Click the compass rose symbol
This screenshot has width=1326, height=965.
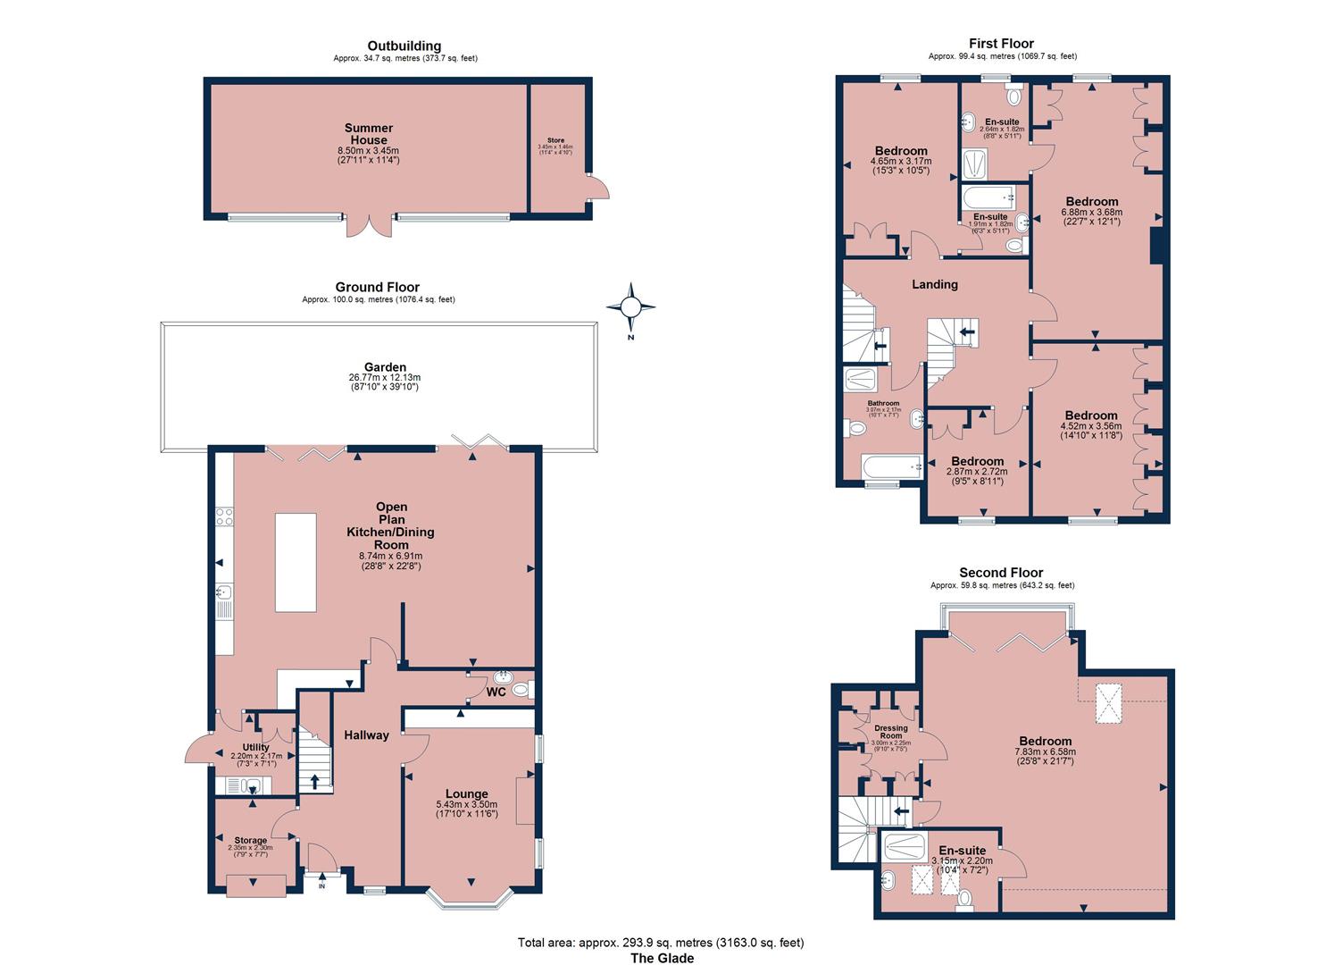(x=630, y=306)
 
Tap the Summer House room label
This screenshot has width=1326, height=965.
(x=369, y=134)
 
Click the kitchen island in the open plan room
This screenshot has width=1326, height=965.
(x=296, y=562)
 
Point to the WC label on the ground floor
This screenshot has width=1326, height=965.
(x=496, y=692)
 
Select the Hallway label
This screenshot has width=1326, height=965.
(x=366, y=735)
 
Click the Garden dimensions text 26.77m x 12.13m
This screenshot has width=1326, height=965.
(x=385, y=377)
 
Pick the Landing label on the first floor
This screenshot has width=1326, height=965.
(x=934, y=284)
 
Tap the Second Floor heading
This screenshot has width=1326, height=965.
(x=1001, y=573)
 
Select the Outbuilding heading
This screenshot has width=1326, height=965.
(x=404, y=46)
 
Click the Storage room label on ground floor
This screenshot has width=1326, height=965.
(x=251, y=840)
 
